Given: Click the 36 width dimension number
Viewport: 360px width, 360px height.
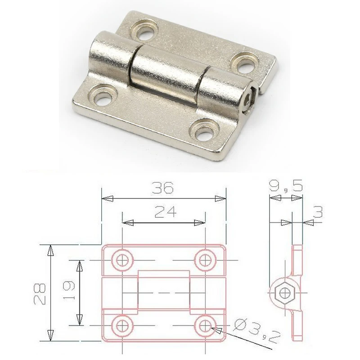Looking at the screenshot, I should (163, 188).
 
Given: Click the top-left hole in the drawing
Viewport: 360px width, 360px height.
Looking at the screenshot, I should (121, 259).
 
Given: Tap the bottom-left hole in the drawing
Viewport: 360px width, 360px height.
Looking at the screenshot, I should (121, 324).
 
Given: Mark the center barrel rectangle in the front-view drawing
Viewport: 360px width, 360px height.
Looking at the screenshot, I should (163, 292).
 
